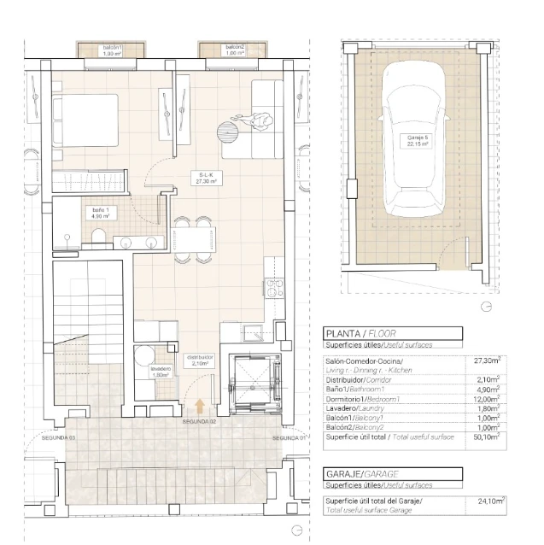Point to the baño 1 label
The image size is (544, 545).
pyautogui.click(x=100, y=213)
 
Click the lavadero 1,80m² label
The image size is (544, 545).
pyautogui.click(x=161, y=372)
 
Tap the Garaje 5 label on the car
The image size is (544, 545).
pyautogui.click(x=418, y=142)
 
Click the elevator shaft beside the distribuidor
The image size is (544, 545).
pyautogui.click(x=252, y=378)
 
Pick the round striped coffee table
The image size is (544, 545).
pyautogui.click(x=227, y=132)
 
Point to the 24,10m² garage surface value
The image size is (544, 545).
pyautogui.click(x=492, y=501)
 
